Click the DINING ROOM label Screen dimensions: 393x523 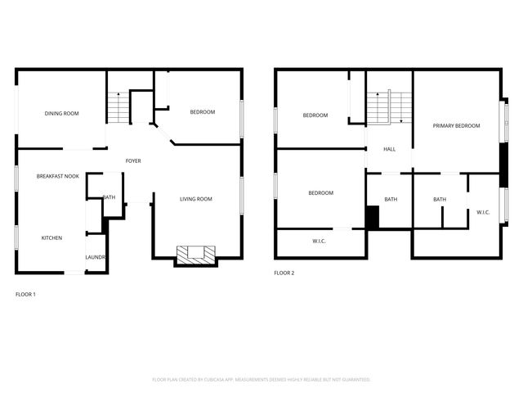pos(61,113)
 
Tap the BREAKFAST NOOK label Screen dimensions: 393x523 pos(57,176)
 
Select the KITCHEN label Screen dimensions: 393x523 pos(51,238)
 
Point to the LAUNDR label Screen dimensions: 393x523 pos(96,258)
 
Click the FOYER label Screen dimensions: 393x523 pos(132,160)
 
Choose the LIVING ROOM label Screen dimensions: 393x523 pos(195,199)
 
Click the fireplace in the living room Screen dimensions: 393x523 pos(197,255)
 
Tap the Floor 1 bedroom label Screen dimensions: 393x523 pos(202,111)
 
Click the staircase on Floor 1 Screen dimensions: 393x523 pos(118,107)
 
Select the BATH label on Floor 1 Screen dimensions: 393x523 pos(109,197)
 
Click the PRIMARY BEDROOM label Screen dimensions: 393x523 pos(456,125)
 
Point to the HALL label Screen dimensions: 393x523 pos(389,149)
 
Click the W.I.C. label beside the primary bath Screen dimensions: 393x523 pos(483,212)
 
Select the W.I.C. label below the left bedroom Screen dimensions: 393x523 pos(320,241)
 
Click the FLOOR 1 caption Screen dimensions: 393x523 pos(25,293)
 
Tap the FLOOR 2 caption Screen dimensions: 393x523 pos(284,273)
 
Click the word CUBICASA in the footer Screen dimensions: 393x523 pos(231,380)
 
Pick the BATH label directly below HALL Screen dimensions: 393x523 pos(391,199)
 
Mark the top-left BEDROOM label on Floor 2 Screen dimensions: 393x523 pos(315,115)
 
